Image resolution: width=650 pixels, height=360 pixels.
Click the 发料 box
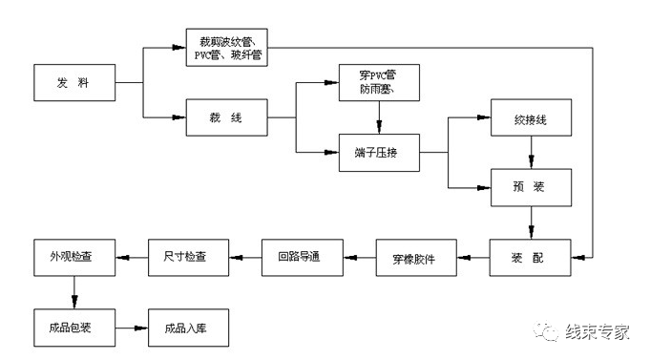pos(75,84)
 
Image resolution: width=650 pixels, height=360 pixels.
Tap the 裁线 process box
pos(227,117)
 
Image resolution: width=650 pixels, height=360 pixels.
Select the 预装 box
pos(532,186)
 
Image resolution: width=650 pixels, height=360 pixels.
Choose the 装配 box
pos(532,256)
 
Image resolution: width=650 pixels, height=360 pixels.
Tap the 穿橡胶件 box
pos(416,256)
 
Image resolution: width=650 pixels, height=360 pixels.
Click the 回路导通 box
pos(303,256)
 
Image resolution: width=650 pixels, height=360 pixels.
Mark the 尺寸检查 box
pos(190,256)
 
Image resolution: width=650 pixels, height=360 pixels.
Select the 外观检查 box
pos(75,256)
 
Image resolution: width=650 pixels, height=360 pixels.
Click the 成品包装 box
pos(75,326)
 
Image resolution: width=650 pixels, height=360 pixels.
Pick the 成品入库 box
pos(188,326)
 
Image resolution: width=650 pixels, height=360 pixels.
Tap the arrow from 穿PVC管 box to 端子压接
pos(380,117)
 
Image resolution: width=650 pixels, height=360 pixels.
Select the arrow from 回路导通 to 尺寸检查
pos(246,256)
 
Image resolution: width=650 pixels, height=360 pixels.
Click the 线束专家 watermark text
pos(598,331)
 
